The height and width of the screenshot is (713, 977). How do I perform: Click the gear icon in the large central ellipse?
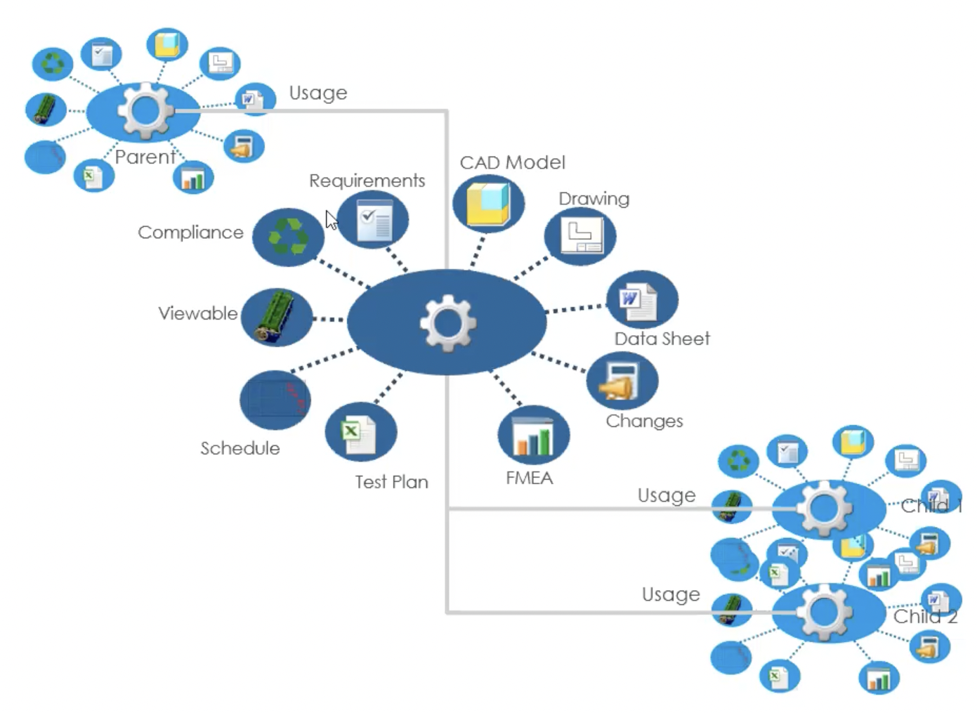click(x=447, y=322)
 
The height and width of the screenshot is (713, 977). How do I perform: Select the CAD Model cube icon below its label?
click(x=488, y=204)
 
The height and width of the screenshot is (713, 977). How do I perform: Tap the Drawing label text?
click(x=594, y=199)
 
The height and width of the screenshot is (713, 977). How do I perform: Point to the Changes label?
click(x=644, y=421)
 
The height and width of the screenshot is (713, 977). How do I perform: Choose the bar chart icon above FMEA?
click(x=533, y=436)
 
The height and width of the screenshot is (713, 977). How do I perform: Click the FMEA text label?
click(x=529, y=478)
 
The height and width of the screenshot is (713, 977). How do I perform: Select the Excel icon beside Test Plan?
click(x=360, y=433)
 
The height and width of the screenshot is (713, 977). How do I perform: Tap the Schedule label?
click(x=240, y=448)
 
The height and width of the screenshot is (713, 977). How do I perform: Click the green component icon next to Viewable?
click(x=276, y=317)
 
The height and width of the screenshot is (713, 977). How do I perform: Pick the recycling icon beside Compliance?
click(x=288, y=237)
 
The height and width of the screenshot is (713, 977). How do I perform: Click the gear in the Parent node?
click(x=145, y=110)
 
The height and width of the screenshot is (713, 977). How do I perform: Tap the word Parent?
click(x=145, y=157)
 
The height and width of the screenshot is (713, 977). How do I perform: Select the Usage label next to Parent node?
click(x=318, y=93)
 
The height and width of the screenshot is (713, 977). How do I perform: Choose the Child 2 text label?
click(x=925, y=617)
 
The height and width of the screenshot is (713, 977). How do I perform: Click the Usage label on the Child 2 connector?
click(x=671, y=594)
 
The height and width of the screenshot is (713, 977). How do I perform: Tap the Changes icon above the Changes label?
click(x=622, y=381)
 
